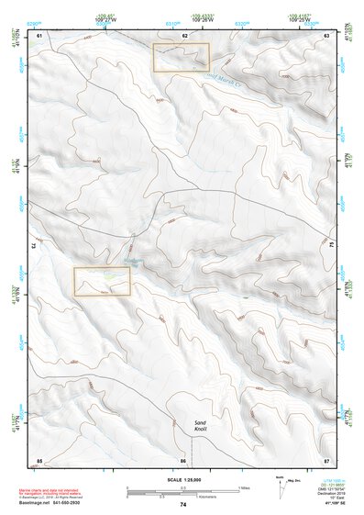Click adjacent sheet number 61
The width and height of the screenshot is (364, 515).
click(39, 35)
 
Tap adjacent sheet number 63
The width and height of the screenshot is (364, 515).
click(327, 35)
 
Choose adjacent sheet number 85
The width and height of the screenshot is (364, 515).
click(39, 459)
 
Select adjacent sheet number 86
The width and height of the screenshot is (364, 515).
click(183, 459)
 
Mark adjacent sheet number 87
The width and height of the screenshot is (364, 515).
click(327, 459)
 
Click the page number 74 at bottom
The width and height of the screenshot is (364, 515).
click(183, 505)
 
